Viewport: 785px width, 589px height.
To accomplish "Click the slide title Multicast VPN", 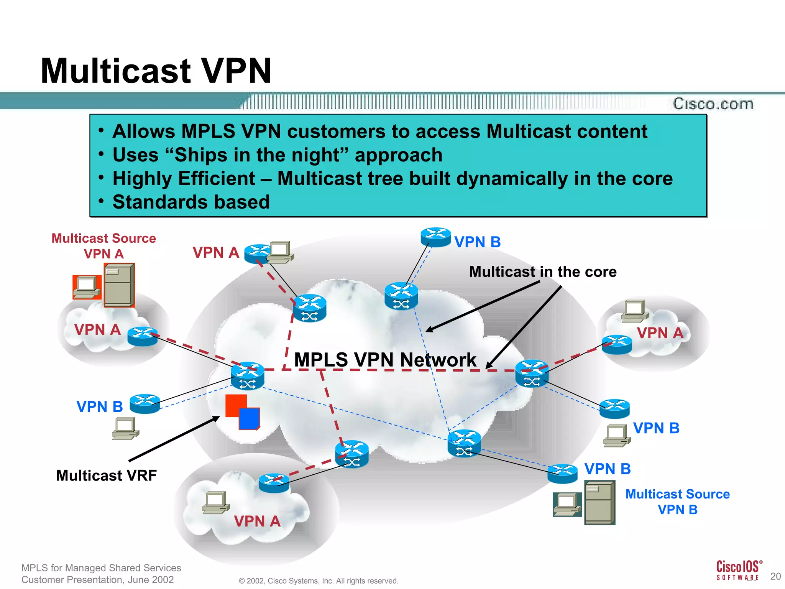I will (156, 71).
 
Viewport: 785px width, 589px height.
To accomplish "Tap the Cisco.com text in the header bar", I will (713, 104).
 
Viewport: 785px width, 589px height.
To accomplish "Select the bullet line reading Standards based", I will (191, 202).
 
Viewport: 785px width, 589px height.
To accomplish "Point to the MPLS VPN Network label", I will (385, 360).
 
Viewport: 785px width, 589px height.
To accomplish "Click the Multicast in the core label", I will (543, 271).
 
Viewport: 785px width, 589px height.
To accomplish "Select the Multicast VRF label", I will (106, 475).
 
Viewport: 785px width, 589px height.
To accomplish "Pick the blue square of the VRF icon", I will (250, 419).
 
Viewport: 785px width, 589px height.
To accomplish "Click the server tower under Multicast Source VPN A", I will (119, 285).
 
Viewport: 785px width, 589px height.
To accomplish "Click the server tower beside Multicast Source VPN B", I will (599, 503).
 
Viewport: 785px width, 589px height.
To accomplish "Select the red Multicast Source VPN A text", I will (103, 246).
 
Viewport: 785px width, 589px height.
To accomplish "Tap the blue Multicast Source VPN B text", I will (677, 502).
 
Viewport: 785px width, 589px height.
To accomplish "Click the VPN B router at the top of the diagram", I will (435, 237).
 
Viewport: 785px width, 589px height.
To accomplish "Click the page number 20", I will (775, 576).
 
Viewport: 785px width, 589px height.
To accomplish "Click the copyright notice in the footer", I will (319, 581).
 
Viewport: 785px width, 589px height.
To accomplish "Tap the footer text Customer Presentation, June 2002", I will (98, 580).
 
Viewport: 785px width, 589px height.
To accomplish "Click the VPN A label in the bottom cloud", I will (257, 522).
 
